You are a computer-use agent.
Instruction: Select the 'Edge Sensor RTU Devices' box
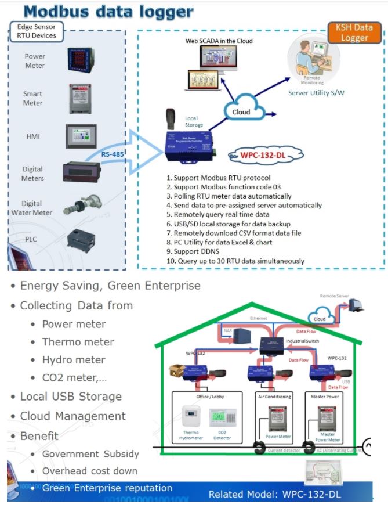pyautogui.click(x=37, y=31)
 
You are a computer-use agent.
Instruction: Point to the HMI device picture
pyautogui.click(x=80, y=136)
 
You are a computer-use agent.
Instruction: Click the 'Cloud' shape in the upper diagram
pyautogui.click(x=241, y=112)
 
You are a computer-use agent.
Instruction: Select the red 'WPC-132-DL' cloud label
pyautogui.click(x=266, y=155)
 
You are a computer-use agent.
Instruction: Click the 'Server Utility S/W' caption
pyautogui.click(x=316, y=92)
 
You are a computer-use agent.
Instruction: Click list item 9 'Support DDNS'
pyautogui.click(x=200, y=251)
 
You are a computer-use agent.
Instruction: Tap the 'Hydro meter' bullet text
pyautogui.click(x=74, y=360)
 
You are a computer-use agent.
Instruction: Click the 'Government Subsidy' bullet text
pyautogui.click(x=90, y=454)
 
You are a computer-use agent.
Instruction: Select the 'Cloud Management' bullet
pyautogui.click(x=72, y=416)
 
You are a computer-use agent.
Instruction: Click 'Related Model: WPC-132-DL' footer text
pyautogui.click(x=274, y=495)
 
